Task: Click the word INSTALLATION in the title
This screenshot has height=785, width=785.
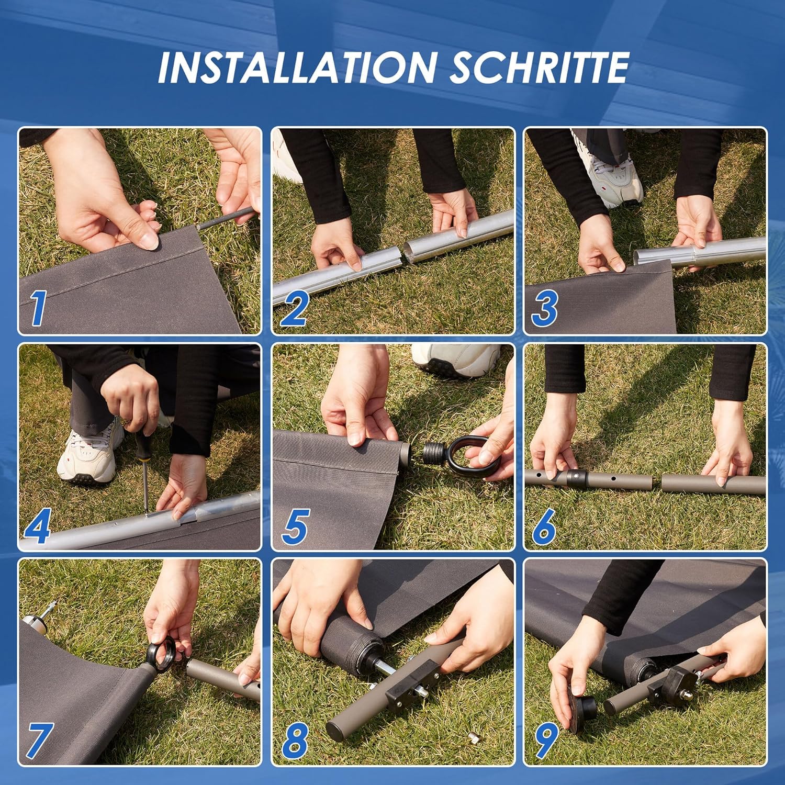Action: (297, 67)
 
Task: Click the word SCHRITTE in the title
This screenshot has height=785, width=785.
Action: (540, 67)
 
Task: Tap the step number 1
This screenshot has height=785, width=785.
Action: (37, 308)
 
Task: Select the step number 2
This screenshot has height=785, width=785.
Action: (294, 308)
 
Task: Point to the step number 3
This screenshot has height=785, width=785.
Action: (545, 308)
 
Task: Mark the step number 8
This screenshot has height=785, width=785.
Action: (295, 741)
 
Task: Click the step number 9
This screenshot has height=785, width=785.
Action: (546, 741)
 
